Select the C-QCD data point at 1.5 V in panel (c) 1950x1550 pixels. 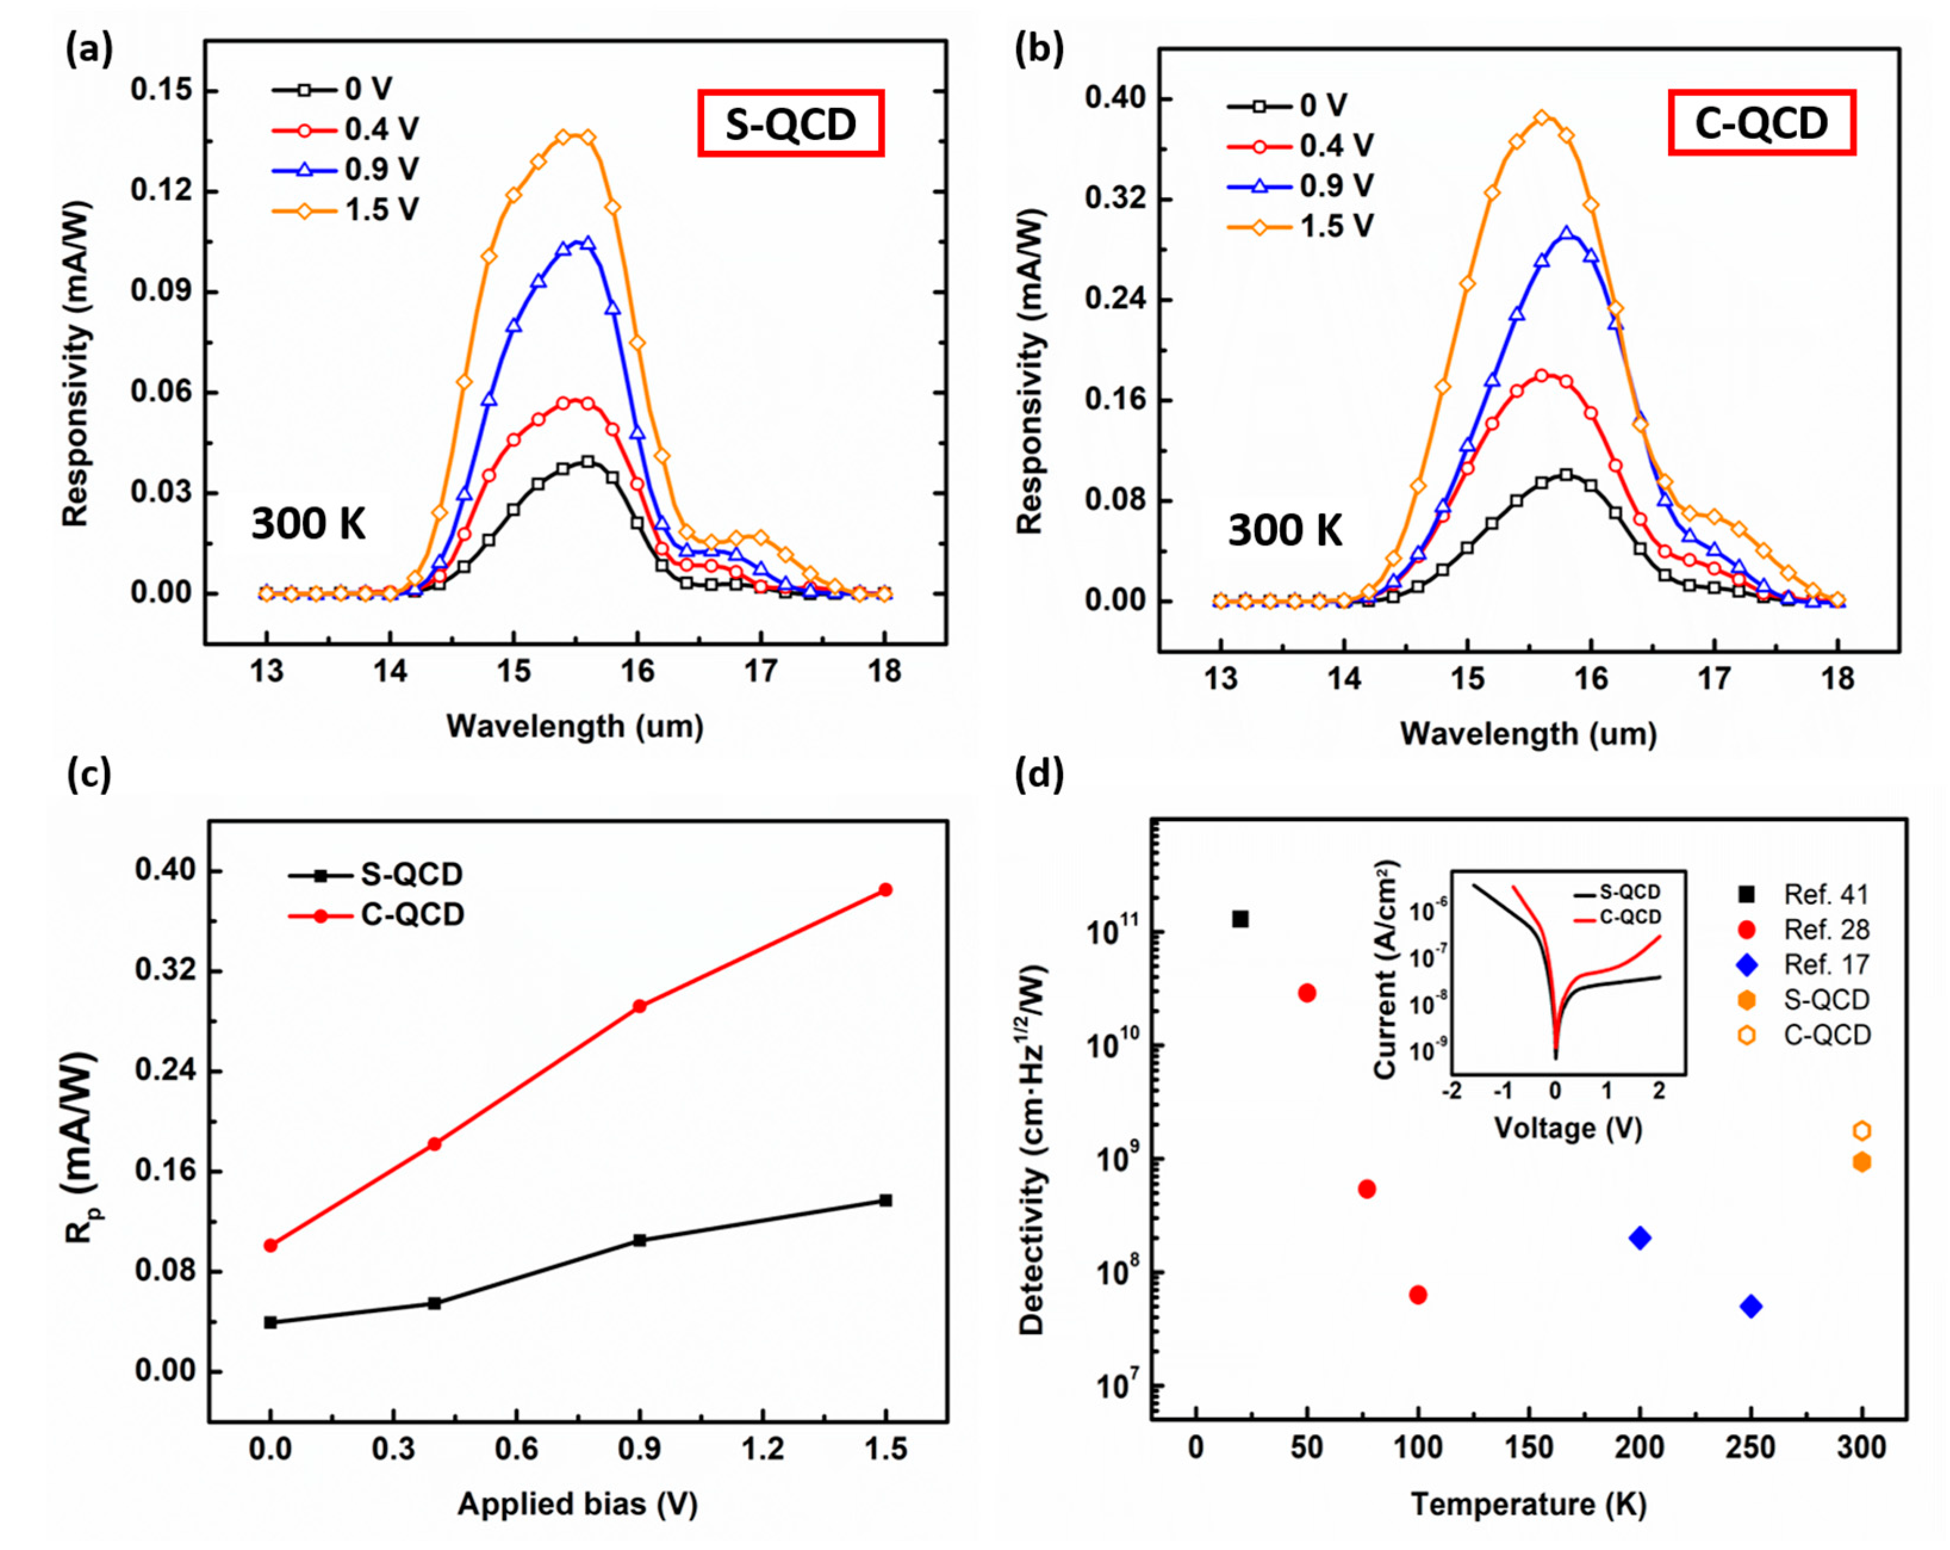[x=885, y=890]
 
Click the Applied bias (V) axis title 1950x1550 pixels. [x=577, y=1504]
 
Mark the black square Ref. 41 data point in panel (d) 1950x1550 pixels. [x=1240, y=920]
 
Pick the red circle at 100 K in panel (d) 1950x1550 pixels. [x=1418, y=1295]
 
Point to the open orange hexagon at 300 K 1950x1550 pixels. [x=1861, y=1131]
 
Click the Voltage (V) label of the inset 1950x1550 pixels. [x=1568, y=1128]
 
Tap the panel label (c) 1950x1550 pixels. [x=89, y=775]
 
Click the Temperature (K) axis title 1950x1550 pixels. [x=1529, y=1505]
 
